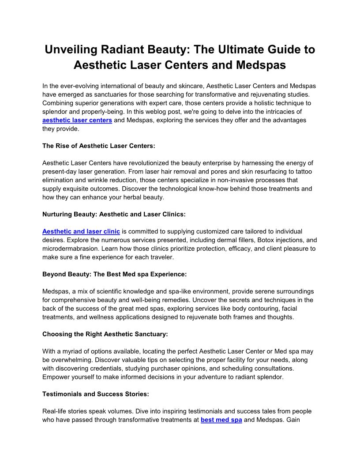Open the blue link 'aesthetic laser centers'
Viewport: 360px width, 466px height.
(77, 120)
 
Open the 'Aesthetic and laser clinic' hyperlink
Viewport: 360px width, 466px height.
(81, 231)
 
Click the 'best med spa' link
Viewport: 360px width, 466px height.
(221, 420)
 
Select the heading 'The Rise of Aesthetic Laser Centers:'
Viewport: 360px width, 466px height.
(99, 146)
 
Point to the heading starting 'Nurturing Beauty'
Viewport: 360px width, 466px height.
(114, 214)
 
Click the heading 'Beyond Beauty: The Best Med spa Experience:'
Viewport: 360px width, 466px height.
(115, 274)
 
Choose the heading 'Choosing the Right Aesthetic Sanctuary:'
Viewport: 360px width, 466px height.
(105, 334)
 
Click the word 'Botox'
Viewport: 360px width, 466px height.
(255, 240)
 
